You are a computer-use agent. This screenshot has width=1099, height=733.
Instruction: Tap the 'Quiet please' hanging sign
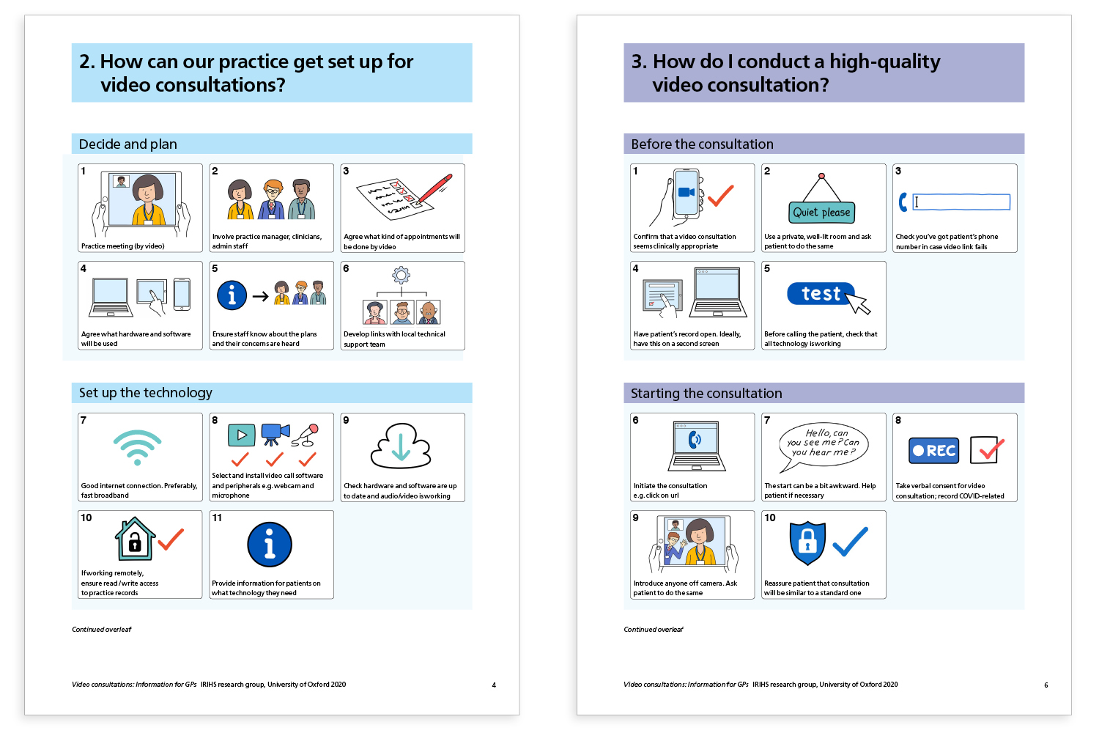821,212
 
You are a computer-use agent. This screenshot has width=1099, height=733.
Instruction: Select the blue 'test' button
821,293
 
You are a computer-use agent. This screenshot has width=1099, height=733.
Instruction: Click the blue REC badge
933,451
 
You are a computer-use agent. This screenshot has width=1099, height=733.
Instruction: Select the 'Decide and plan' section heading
128,144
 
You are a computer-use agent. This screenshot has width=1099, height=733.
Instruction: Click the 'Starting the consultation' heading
706,394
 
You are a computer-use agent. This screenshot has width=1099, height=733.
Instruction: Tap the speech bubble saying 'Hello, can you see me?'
823,443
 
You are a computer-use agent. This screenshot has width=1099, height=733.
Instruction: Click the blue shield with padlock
807,542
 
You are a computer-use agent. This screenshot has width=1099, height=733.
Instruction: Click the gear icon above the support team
401,276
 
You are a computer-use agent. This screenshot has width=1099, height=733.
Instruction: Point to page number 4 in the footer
494,685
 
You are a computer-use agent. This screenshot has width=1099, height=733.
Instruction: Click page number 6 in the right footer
1046,685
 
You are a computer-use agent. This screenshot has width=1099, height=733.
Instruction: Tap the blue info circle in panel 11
270,545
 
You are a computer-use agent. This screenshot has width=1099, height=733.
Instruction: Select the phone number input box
961,202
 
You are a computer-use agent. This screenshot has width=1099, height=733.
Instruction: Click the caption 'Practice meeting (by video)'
123,246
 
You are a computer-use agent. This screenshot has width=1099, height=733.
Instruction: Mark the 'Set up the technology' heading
146,393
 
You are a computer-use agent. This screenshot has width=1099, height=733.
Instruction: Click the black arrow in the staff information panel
260,296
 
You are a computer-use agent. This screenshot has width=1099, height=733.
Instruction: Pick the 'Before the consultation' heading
702,144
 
